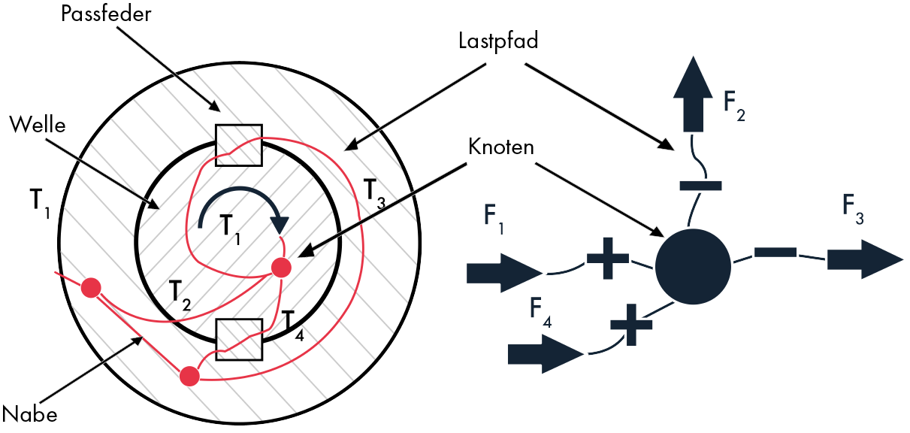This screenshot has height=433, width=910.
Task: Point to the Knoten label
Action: [x=500, y=147]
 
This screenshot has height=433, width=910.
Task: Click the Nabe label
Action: [x=30, y=413]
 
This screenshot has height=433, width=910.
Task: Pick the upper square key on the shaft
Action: [x=238, y=144]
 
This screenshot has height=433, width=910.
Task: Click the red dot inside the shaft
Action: [x=281, y=267]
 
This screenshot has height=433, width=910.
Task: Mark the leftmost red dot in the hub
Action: [x=91, y=287]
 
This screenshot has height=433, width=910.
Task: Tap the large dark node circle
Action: [x=693, y=263]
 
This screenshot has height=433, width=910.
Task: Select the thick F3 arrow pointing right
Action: [x=864, y=259]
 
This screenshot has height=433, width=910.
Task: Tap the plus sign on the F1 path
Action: [x=607, y=259]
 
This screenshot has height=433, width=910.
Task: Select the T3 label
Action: [x=373, y=192]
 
